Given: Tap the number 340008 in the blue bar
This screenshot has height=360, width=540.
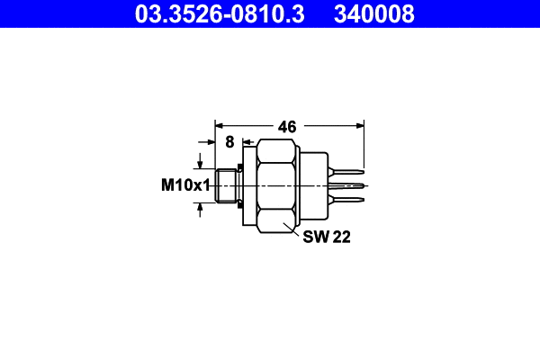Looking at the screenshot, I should (x=373, y=13).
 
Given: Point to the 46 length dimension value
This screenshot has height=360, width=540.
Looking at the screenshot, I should (x=287, y=127).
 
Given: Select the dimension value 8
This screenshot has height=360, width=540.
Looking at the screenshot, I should (x=229, y=141).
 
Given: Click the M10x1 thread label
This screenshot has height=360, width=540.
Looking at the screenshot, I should (x=184, y=185).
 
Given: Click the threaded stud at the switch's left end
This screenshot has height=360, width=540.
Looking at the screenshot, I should (x=227, y=186).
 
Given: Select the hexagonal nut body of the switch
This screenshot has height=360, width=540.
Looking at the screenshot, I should (x=276, y=186).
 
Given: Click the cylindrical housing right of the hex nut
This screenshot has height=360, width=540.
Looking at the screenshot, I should (x=311, y=186).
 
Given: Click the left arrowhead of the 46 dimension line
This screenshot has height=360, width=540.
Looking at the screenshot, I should (x=219, y=127).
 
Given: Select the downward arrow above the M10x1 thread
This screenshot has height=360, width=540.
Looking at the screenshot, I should (x=200, y=162).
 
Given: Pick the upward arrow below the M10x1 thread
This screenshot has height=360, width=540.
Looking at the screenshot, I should (x=200, y=210).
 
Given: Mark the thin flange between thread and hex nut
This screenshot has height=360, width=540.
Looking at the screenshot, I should (x=243, y=186).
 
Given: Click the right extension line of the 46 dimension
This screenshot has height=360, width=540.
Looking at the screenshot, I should (x=364, y=148).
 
